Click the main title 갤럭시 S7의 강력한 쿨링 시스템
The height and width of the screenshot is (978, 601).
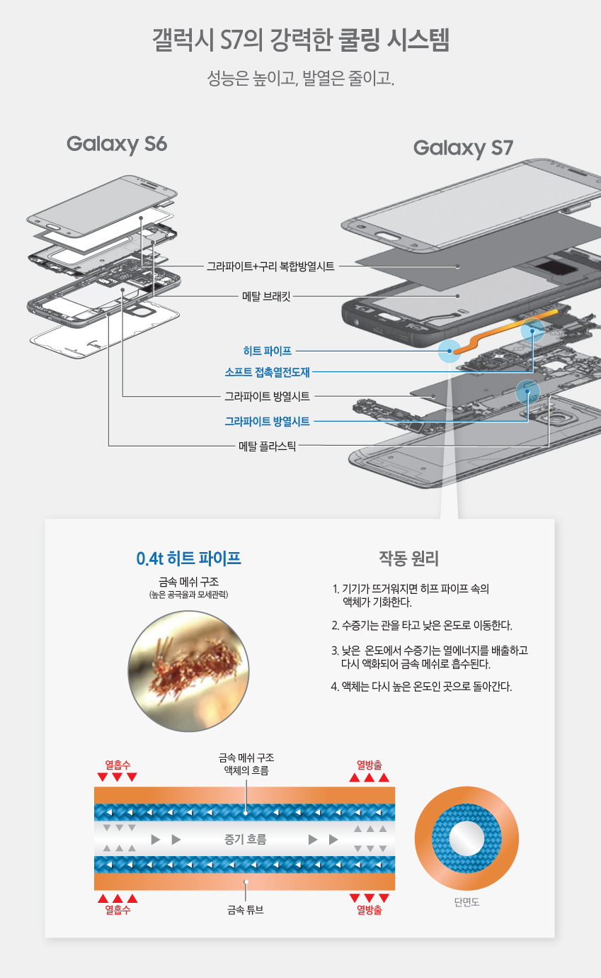point(301,40)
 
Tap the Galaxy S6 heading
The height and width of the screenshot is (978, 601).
point(117,144)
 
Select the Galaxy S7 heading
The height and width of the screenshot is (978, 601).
point(463,148)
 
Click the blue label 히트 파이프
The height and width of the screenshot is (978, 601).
point(267,350)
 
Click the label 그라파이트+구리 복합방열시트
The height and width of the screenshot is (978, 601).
point(270,266)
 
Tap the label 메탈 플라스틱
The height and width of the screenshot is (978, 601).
point(267,446)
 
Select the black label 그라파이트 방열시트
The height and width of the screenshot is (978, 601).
point(267,396)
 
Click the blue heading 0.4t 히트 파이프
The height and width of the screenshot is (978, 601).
point(188,558)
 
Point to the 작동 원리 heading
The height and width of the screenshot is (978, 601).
point(409,558)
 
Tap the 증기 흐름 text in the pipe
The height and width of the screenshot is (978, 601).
point(245,840)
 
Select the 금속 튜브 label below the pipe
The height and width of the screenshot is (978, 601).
point(245,910)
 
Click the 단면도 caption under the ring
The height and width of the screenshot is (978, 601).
point(467,902)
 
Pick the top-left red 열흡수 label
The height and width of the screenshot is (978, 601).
point(118,765)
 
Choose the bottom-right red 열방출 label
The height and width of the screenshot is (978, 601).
point(370,910)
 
